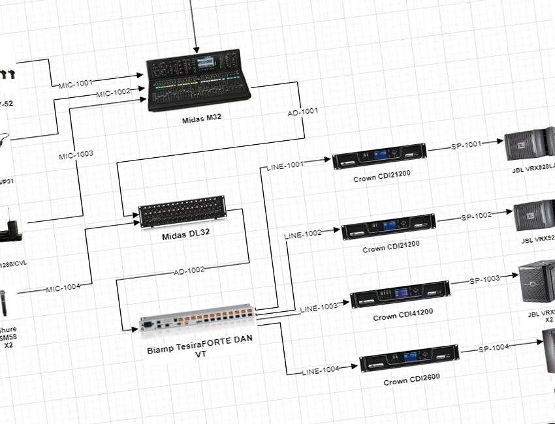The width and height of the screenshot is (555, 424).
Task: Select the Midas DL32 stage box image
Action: coord(182,211)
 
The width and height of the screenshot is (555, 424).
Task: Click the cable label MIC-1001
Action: coord(75,83)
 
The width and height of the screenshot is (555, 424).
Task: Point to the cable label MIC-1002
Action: coord(113,94)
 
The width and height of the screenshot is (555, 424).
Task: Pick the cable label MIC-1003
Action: coord(76,155)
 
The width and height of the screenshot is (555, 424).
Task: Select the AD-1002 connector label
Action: coord(189,269)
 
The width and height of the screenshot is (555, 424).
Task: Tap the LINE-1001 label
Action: coord(285,166)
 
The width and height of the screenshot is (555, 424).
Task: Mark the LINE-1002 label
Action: coord(304,233)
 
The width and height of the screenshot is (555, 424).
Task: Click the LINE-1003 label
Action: coord(319,307)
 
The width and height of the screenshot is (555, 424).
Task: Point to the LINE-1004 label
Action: coord(321,371)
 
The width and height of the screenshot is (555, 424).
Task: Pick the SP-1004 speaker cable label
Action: coord(493,348)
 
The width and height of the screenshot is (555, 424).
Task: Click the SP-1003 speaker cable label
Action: coord(484,279)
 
